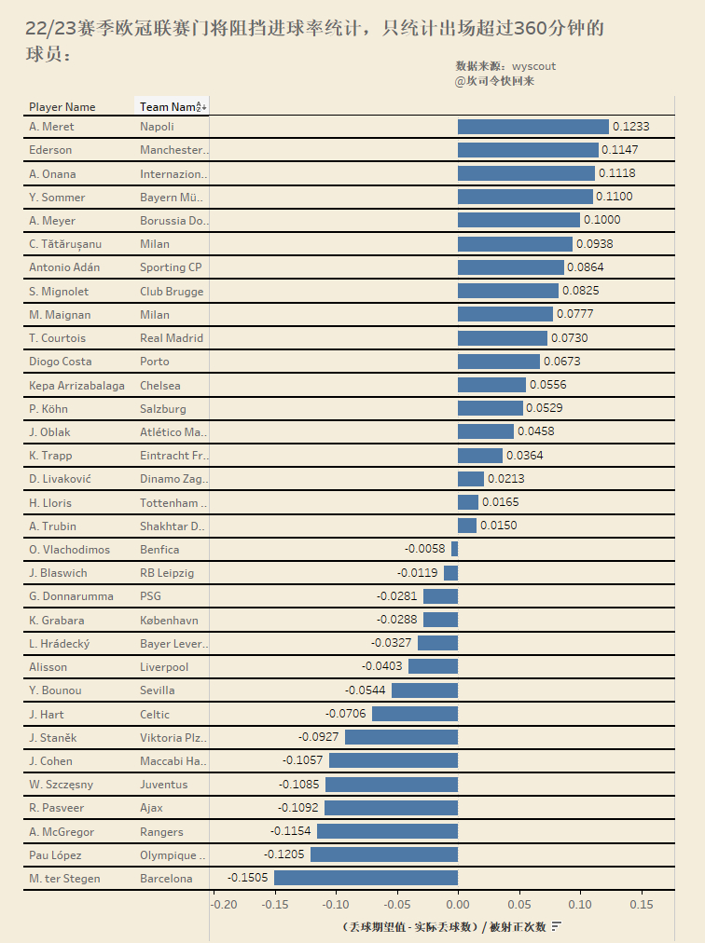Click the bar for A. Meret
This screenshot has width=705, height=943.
tap(532, 127)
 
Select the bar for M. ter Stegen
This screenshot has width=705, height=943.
tap(366, 878)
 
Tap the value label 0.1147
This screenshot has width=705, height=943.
tap(620, 150)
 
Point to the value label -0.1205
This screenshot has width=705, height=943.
tap(285, 854)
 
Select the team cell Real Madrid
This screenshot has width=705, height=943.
tap(171, 338)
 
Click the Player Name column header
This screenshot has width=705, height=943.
tap(62, 107)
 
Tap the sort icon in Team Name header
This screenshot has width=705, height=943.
tap(201, 107)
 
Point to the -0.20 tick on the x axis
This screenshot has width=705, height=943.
tap(224, 904)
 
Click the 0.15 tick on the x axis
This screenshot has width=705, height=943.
tap(642, 904)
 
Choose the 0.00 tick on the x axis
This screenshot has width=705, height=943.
tap(458, 904)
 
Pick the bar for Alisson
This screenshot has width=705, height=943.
tap(433, 666)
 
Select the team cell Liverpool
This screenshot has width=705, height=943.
tap(164, 667)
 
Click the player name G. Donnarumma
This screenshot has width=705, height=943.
tap(71, 596)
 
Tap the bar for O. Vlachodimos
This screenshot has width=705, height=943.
tap(454, 549)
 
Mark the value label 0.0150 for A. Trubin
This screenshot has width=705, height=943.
tap(498, 526)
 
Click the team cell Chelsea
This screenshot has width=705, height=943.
tap(160, 385)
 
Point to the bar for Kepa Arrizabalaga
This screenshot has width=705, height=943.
tap(491, 385)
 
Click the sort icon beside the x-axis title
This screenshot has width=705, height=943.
tap(557, 926)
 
